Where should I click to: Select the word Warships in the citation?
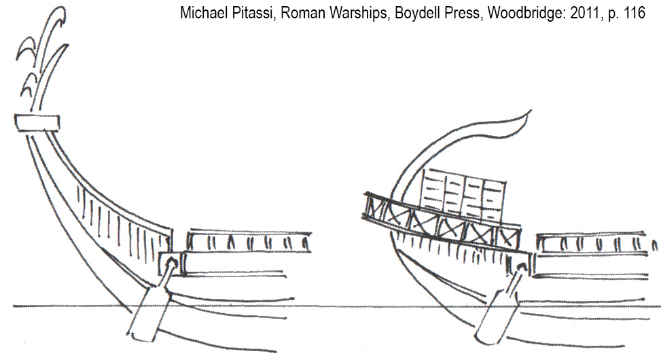(x=346, y=14)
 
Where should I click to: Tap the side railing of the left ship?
(x=249, y=241)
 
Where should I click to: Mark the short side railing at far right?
(x=598, y=243)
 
